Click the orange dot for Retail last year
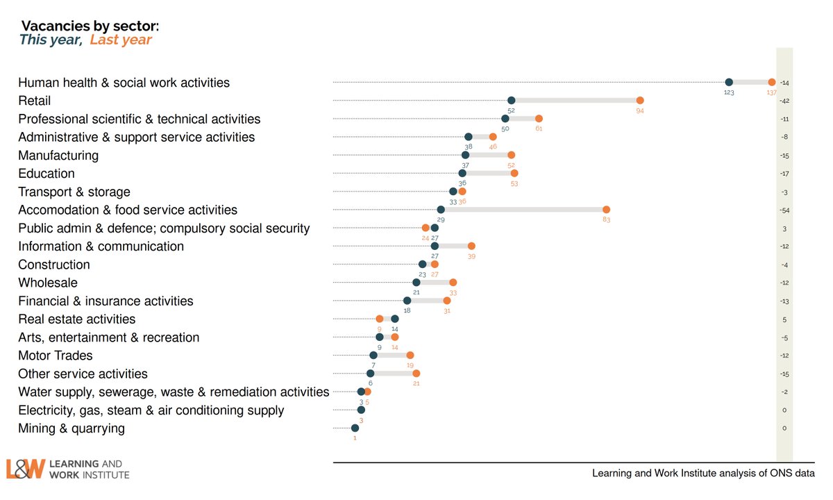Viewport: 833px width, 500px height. pos(640,101)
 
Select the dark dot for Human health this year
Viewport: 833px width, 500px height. pos(729,83)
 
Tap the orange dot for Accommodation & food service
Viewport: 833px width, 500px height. pos(606,210)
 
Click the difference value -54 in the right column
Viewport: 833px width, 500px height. pos(784,210)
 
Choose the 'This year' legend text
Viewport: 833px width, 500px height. pos(50,40)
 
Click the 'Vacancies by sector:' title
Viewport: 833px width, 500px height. pos(90,26)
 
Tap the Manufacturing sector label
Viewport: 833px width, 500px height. pos(58,156)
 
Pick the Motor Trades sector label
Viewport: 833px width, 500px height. pos(56,356)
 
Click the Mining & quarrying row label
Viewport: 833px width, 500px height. pos(71,428)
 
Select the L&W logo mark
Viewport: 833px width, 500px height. pos(26,469)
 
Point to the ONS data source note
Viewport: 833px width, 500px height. pos(703,474)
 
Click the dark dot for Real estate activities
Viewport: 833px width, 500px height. pos(394,319)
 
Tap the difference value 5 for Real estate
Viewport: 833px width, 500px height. pos(784,319)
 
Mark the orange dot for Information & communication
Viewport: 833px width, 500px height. pos(471,246)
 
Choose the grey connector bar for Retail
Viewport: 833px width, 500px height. pos(575,101)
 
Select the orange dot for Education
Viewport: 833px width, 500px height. pos(514,174)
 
